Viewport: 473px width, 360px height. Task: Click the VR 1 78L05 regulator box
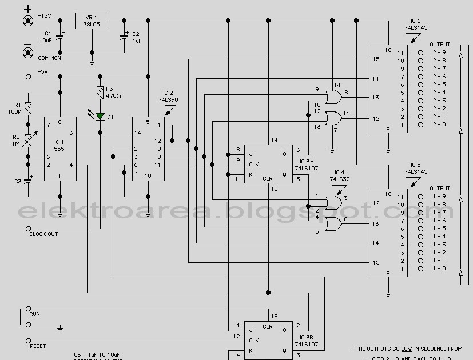(92, 21)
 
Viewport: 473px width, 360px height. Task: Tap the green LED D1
(100, 117)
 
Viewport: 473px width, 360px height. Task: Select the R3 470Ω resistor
(100, 93)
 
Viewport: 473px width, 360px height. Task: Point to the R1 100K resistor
(27, 109)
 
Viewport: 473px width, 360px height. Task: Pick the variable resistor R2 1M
(27, 141)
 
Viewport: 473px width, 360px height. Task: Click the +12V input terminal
(27, 21)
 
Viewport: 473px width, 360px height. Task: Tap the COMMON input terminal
(27, 53)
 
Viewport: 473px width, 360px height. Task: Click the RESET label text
(37, 346)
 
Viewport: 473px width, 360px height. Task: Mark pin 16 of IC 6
(387, 50)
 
